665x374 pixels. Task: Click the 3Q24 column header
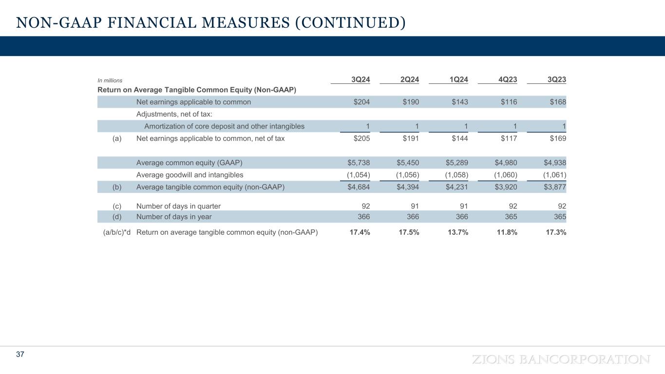click(x=361, y=80)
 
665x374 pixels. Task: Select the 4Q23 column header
click(x=508, y=80)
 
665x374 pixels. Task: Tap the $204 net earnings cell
click(x=361, y=102)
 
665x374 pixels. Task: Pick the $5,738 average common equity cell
click(x=358, y=163)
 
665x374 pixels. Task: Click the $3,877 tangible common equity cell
click(x=555, y=187)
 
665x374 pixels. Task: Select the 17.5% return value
click(x=408, y=232)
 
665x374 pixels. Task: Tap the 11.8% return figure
click(x=507, y=232)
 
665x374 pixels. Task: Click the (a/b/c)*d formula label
click(x=116, y=232)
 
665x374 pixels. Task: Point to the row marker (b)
click(x=116, y=187)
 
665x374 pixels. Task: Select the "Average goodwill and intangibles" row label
click(x=190, y=175)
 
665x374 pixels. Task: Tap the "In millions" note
click(x=110, y=80)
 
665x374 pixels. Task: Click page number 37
click(x=20, y=355)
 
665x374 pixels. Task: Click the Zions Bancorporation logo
click(x=561, y=359)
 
